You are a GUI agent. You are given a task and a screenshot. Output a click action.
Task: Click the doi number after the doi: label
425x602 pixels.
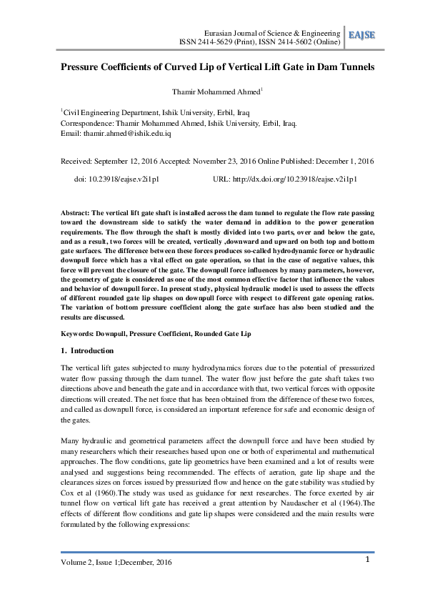pyautogui.click(x=128, y=179)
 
